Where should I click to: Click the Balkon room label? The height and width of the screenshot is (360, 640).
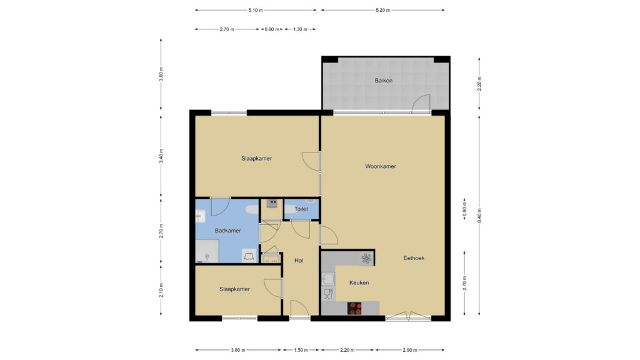click(x=383, y=81)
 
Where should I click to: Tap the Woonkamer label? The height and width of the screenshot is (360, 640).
click(x=381, y=166)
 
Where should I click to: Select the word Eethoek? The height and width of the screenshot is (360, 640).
click(x=414, y=258)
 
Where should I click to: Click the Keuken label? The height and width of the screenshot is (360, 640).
click(x=359, y=282)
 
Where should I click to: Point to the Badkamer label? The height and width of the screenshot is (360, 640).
click(x=227, y=231)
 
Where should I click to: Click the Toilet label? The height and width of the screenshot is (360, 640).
click(x=301, y=209)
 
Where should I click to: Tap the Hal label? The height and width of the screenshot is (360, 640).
click(x=299, y=261)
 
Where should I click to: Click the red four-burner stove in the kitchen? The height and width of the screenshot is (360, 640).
click(x=354, y=308)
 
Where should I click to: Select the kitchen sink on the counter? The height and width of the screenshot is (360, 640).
click(x=327, y=279)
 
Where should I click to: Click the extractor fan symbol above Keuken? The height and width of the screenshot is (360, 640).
click(x=366, y=258)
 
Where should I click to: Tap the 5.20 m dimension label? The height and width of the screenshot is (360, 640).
click(x=383, y=10)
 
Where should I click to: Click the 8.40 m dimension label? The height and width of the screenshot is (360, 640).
click(x=479, y=216)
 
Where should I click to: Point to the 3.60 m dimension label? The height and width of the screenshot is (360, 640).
click(x=238, y=350)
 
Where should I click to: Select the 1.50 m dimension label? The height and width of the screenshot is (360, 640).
click(x=301, y=350)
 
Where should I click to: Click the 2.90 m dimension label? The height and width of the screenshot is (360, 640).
click(x=410, y=350)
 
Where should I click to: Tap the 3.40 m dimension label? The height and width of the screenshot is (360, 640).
click(x=161, y=156)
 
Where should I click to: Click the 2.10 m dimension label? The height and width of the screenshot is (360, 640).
click(x=161, y=290)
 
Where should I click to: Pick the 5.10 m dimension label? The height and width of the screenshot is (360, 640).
click(x=256, y=10)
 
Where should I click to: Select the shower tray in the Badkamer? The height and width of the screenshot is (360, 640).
click(x=207, y=251)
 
